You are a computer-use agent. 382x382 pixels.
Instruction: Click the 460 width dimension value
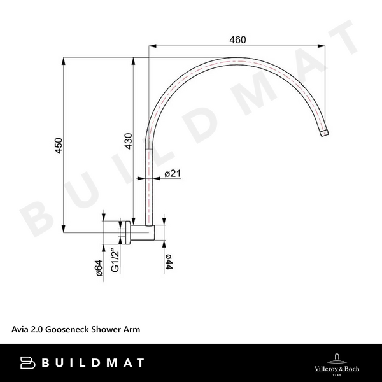pos(237,39)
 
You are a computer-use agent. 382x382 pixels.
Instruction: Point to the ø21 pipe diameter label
pos(173,174)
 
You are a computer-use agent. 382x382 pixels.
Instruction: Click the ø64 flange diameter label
pos(99,269)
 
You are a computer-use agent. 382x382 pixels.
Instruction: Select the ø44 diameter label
pos(169,264)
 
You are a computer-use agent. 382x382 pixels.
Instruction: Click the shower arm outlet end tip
pos(324,134)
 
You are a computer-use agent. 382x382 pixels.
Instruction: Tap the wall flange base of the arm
pos(129,233)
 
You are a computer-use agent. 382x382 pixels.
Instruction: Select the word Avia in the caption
pos(20,330)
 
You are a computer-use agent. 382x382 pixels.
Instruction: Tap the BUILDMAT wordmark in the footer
pos(95,363)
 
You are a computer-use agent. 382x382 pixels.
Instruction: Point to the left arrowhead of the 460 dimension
pos(152,46)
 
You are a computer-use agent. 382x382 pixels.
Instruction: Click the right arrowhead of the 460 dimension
pos(326,46)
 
